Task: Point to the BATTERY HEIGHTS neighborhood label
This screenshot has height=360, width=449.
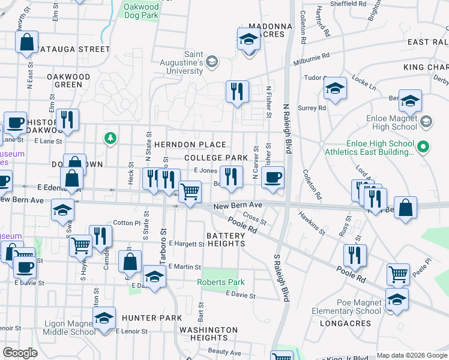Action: (x=226, y=239)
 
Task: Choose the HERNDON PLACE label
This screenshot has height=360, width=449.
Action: (x=190, y=145)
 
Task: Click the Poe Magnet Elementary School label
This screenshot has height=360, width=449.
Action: (x=346, y=306)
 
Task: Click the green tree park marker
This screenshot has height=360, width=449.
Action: (x=110, y=139)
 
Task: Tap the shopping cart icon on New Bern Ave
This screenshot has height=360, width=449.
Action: (x=190, y=192)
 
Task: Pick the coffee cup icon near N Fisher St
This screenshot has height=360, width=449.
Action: (x=273, y=177)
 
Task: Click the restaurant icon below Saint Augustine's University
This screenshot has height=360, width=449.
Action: (x=237, y=91)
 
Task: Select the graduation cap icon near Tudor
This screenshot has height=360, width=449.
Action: (x=334, y=88)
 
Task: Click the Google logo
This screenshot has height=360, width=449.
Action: (x=20, y=353)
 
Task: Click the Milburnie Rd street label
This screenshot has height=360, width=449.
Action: (x=312, y=58)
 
